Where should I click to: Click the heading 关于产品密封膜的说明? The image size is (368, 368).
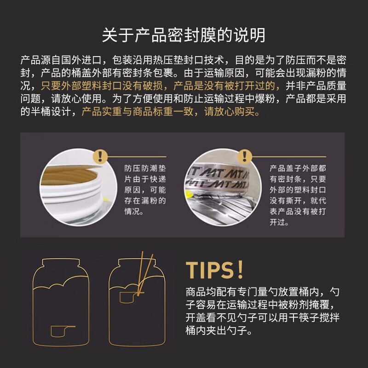pos(184,35)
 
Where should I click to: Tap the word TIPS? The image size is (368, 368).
pos(214,270)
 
